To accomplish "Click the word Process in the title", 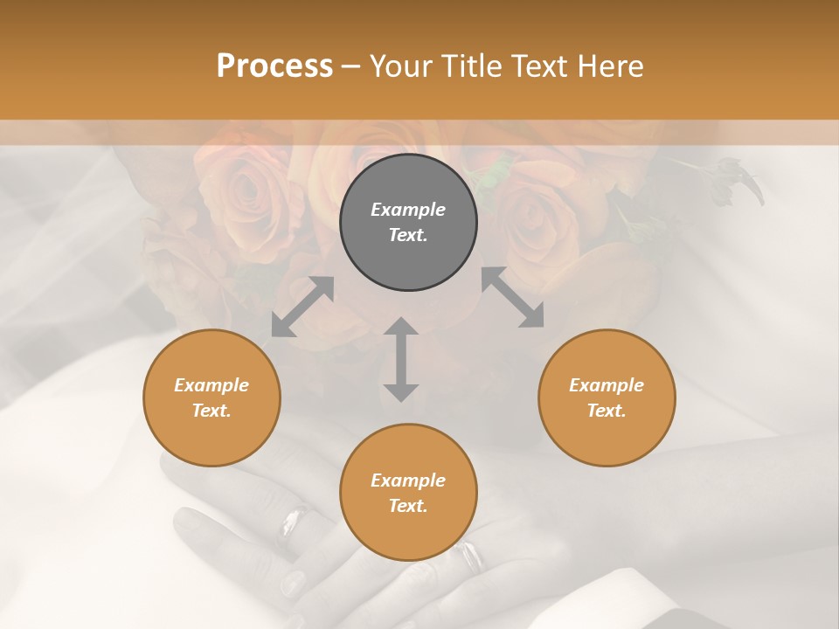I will point(274,66).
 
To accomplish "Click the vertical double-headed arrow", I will point(401,359).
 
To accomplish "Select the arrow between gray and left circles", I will point(302,307).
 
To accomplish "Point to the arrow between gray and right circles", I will point(513,298).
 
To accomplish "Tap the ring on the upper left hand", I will point(291,522).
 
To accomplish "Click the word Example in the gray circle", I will point(408,210).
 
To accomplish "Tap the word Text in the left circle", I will point(211,411).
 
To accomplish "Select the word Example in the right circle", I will point(607,385).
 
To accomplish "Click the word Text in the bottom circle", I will point(408,506).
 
